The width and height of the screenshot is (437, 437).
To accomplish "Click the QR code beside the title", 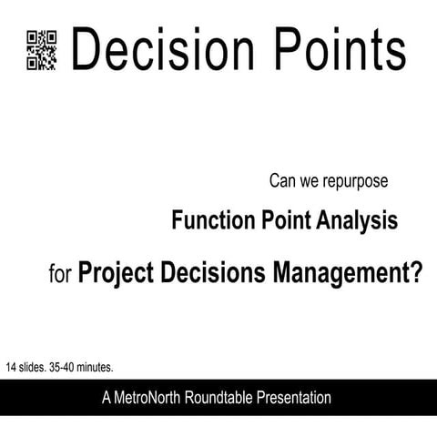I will (42, 49).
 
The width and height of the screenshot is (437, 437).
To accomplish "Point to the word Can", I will (282, 181).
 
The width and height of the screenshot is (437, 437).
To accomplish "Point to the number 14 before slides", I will (11, 368).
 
